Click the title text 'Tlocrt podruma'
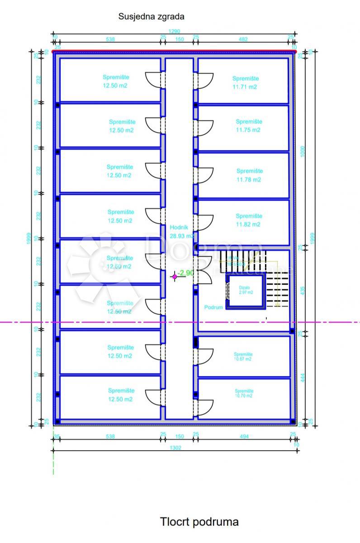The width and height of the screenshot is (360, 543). pyautogui.click(x=199, y=522)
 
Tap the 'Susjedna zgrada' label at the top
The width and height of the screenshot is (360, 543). pyautogui.click(x=151, y=17)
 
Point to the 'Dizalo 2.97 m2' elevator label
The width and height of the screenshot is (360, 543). pyautogui.click(x=245, y=289)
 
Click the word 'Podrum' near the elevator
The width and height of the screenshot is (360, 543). pyautogui.click(x=213, y=307)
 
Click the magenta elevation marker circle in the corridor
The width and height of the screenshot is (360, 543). pyautogui.click(x=175, y=276)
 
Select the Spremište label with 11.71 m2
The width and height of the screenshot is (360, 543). pyautogui.click(x=245, y=82)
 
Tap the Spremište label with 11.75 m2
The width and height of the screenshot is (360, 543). pyautogui.click(x=249, y=126)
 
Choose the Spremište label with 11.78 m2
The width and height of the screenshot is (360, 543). pyautogui.click(x=249, y=175)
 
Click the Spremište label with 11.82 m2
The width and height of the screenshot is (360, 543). pyautogui.click(x=249, y=220)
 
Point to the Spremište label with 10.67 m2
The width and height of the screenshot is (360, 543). pyautogui.click(x=243, y=357)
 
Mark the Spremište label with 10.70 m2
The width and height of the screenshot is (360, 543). pyautogui.click(x=244, y=393)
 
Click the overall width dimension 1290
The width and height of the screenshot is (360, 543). pyautogui.click(x=174, y=31)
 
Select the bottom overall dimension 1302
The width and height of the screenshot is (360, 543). pyautogui.click(x=174, y=446)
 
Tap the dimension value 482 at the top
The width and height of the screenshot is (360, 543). pyautogui.click(x=243, y=39)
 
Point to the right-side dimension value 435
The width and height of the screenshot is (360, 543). pyautogui.click(x=303, y=290)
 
